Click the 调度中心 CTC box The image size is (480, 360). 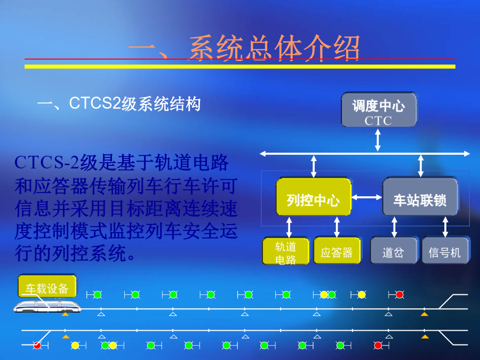379,109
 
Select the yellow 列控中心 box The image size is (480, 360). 314,196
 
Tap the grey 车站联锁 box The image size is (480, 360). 420,196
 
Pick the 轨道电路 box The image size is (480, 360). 286,251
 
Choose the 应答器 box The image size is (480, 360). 337,250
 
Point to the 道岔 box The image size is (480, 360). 394,250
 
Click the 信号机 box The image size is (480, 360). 445,250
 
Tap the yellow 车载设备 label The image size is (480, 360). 47,286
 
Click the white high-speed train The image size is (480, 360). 47,307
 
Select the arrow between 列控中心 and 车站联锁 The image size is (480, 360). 367,197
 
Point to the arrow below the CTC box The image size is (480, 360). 378,140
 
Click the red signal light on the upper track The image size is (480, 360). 399,295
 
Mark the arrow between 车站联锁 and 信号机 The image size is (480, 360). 445,227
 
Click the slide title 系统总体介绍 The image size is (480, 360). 274,49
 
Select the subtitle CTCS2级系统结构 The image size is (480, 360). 135,103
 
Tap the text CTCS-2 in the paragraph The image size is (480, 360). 47,162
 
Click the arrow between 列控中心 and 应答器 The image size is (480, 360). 337,227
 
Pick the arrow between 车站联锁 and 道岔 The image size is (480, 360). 394,227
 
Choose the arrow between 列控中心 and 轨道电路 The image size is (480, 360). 289,227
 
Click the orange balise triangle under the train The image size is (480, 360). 65,314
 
